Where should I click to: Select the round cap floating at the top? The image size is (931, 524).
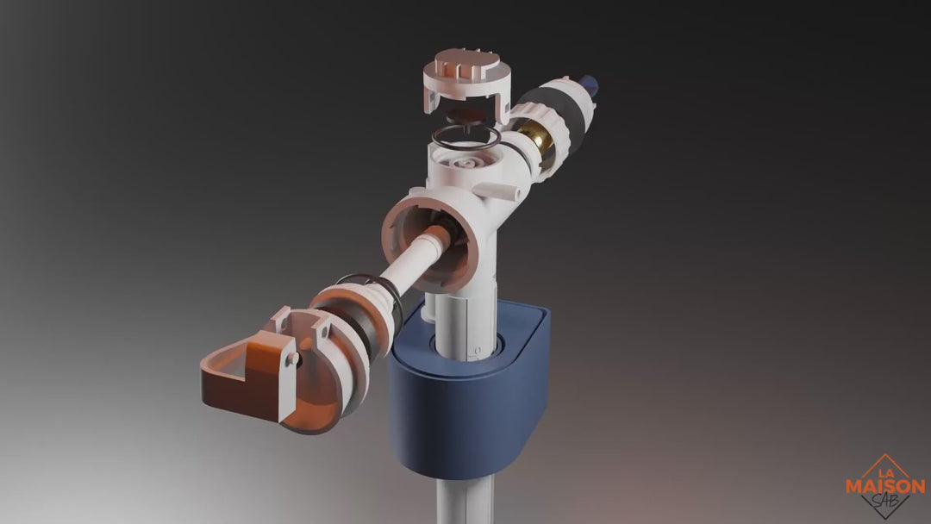[466, 81]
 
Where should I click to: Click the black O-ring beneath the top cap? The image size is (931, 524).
[466, 136]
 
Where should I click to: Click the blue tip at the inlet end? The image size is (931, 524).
[589, 85]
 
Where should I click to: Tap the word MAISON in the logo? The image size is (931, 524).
[885, 487]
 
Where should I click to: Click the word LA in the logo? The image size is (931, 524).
[886, 472]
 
